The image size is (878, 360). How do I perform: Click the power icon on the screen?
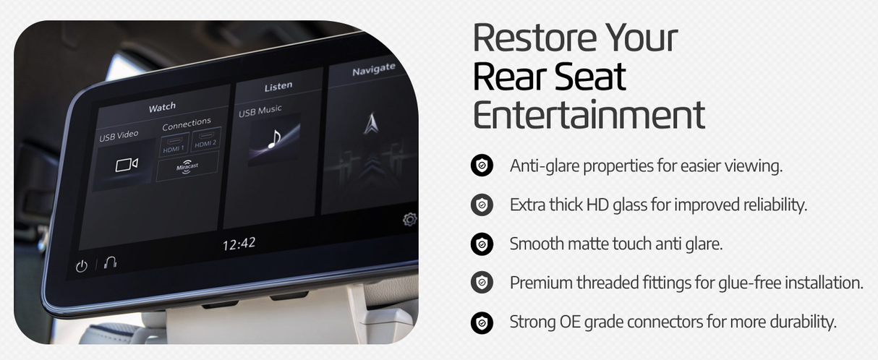82,266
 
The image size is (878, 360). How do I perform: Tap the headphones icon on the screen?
110,262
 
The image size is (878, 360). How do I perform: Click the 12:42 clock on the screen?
238,244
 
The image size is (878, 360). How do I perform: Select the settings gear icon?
409,219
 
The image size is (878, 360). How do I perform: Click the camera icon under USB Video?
126,166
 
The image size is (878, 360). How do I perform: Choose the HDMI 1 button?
173,146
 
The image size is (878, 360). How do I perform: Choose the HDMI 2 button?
206,142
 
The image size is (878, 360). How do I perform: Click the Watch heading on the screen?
162,107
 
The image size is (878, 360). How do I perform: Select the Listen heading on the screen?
278,86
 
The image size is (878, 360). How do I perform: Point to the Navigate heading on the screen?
373,69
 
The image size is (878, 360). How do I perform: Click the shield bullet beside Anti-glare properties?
482,166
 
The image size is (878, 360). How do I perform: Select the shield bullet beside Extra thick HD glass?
482,205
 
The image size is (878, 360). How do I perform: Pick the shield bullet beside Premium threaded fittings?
482,282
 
